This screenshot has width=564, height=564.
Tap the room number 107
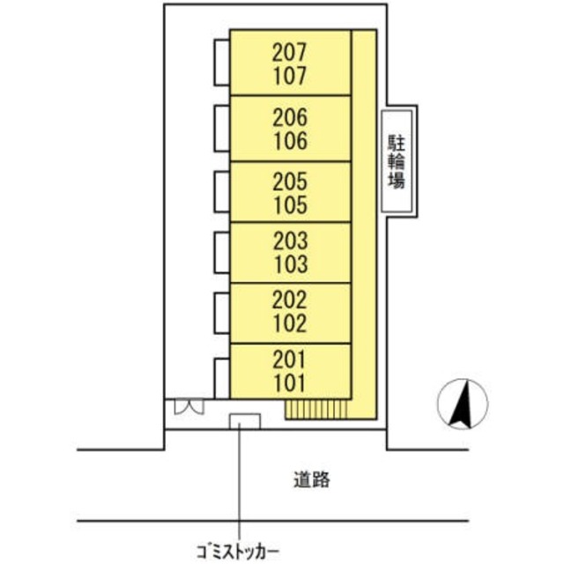pos(290,77)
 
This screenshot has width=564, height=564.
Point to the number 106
pos(290,140)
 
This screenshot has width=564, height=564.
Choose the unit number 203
pos(290,241)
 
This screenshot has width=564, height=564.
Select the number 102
pos(290,323)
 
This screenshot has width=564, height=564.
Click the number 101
pos(290,383)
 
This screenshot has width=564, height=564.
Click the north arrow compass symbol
pos(463,404)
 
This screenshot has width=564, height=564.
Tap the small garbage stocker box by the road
pos(244,421)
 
